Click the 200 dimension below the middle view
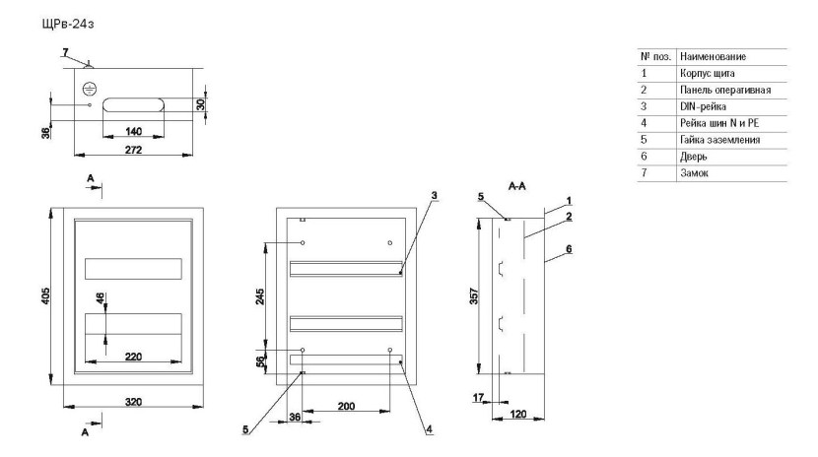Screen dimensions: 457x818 (346, 404)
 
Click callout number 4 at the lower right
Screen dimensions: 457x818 (430, 429)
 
